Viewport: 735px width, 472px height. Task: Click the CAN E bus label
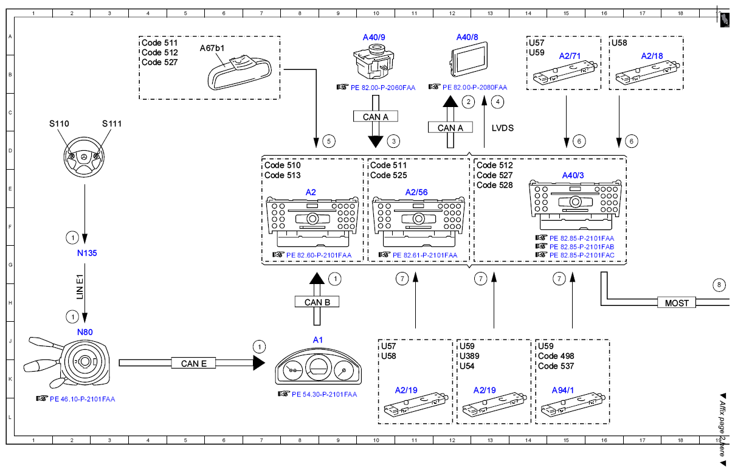coord(193,363)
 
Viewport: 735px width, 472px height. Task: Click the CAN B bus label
coord(317,302)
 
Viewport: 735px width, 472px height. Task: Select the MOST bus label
coord(677,303)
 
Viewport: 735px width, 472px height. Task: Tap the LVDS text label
coord(502,128)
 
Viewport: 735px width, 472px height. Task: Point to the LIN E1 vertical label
coord(80,286)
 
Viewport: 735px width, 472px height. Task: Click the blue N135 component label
coord(87,253)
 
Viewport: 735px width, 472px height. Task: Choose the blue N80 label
coord(85,332)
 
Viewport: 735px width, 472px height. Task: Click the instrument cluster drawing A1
coord(318,366)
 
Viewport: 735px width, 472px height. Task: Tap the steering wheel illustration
coord(84,157)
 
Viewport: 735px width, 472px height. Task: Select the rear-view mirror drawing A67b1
coord(240,73)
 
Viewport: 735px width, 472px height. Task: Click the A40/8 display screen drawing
coord(468,60)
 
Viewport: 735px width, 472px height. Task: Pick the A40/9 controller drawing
coord(374,61)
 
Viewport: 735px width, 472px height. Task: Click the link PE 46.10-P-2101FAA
coord(82,399)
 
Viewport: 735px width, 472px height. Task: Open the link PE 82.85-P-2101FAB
coord(582,247)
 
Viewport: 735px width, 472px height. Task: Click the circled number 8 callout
coord(719,285)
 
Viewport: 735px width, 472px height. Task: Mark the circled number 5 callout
coord(329,142)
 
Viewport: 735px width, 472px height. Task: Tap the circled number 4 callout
coord(497,102)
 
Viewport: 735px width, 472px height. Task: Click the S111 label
coord(112,123)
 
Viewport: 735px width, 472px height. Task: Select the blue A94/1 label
coord(563,390)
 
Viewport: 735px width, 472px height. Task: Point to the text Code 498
coord(556,356)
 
